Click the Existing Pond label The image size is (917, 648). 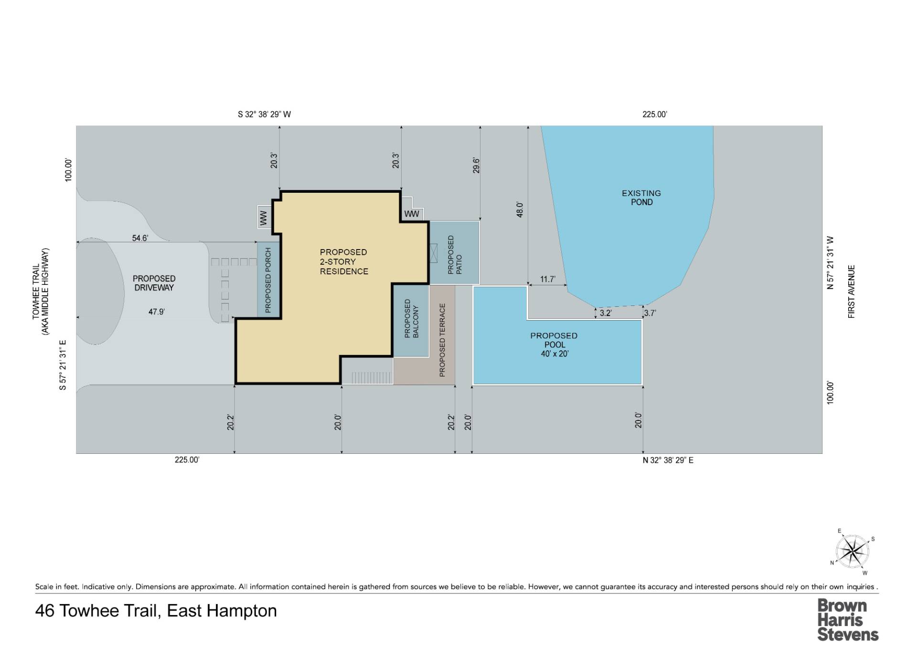click(x=641, y=198)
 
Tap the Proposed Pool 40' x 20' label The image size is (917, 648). click(x=554, y=345)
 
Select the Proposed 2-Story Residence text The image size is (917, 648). click(x=344, y=261)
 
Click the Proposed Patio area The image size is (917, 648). click(x=455, y=253)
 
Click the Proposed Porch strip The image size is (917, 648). click(x=268, y=280)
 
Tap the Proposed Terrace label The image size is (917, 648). click(x=442, y=340)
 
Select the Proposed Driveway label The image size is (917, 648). click(x=154, y=283)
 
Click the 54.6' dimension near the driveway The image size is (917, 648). click(x=140, y=238)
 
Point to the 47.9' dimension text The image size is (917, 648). click(x=156, y=312)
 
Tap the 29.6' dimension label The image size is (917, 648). click(x=476, y=165)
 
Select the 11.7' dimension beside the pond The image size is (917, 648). click(x=547, y=279)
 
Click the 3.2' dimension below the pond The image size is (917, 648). click(x=605, y=314)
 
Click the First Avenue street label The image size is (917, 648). click(x=851, y=292)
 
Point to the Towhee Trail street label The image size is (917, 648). click(x=40, y=292)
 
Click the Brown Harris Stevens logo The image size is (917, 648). click(x=847, y=620)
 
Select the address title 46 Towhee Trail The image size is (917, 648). click(x=156, y=611)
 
